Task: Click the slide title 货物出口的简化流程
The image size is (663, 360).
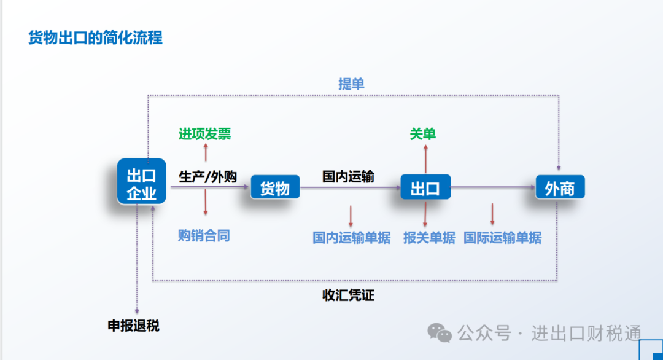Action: (x=96, y=38)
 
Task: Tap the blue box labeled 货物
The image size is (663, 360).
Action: (x=275, y=188)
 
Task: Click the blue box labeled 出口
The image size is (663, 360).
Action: (x=425, y=188)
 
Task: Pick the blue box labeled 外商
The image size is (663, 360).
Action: (x=559, y=187)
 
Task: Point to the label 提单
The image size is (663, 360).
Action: (x=351, y=84)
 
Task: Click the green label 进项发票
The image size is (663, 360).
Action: (x=205, y=134)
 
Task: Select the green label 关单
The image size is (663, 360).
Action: (x=423, y=134)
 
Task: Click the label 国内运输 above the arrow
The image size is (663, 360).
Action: (x=349, y=177)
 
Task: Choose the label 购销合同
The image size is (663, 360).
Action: (x=204, y=235)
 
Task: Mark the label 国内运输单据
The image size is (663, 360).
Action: (x=351, y=238)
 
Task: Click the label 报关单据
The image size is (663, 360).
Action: (x=429, y=238)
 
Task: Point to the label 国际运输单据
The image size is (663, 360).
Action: (x=503, y=238)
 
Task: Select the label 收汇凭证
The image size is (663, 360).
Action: (x=349, y=295)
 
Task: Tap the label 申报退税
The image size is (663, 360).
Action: (x=134, y=326)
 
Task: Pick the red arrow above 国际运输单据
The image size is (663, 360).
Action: (x=492, y=214)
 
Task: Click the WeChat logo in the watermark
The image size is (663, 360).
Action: (x=440, y=332)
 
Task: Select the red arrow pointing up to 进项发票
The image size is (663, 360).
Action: (x=206, y=152)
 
